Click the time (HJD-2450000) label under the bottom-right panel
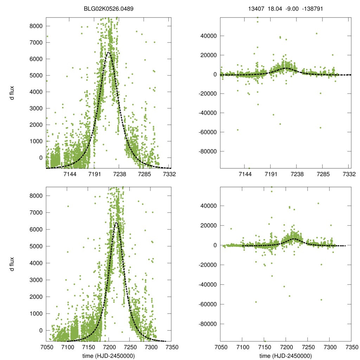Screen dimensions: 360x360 click(x=285, y=355)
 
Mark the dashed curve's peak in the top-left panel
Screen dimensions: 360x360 click(x=109, y=52)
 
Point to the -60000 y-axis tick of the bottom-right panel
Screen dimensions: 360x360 click(x=207, y=304)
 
